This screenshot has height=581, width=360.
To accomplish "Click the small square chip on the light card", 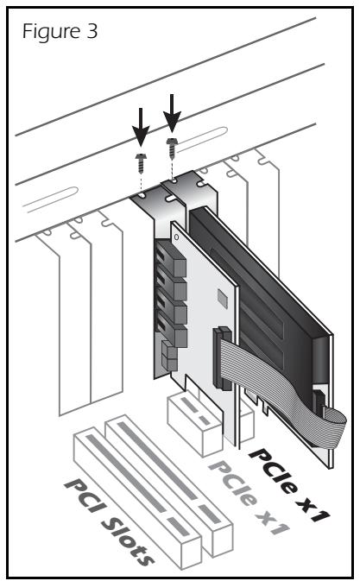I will tap(222, 296).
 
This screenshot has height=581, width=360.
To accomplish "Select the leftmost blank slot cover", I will tap(62, 328).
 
